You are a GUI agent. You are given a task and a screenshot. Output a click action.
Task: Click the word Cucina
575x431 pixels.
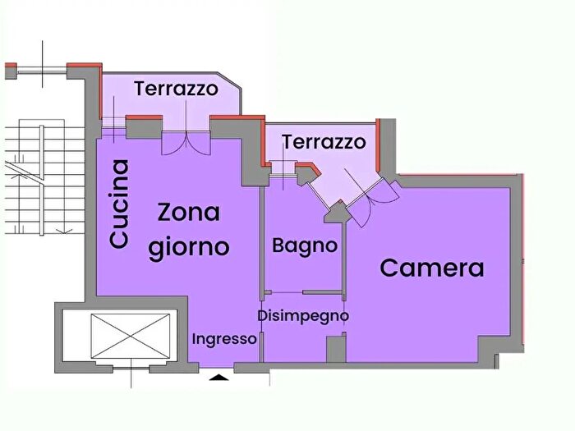pyautogui.click(x=120, y=204)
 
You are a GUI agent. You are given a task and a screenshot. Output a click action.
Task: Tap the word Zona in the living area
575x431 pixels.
pyautogui.click(x=190, y=212)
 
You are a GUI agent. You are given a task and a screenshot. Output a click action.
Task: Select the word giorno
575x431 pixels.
pyautogui.click(x=189, y=246)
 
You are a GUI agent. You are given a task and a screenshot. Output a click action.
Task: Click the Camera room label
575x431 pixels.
pyautogui.click(x=431, y=268)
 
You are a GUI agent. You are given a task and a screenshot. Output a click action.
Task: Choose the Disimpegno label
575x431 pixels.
pyautogui.click(x=302, y=315)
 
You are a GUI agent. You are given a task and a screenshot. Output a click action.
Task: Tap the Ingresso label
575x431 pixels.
pyautogui.click(x=224, y=339)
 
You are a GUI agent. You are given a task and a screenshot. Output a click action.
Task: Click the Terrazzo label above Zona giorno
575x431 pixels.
pyautogui.click(x=176, y=89)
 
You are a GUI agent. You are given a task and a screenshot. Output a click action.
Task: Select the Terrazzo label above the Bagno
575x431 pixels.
pyautogui.click(x=324, y=142)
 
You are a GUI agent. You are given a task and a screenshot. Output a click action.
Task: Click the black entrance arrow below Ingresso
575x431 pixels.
pyautogui.click(x=219, y=377)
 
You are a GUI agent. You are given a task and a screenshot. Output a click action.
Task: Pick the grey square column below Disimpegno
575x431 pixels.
pyautogui.click(x=336, y=348)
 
